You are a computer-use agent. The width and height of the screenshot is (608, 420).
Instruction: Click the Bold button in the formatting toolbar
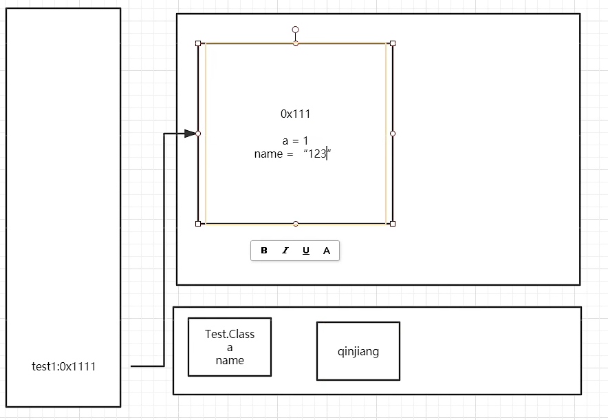tap(264, 251)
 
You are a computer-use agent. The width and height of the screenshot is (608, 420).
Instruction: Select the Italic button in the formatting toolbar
tap(285, 251)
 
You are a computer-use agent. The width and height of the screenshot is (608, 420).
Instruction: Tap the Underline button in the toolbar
tap(306, 251)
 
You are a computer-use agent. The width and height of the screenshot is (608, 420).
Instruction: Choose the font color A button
tap(327, 251)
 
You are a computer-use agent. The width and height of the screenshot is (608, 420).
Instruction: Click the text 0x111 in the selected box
tap(295, 114)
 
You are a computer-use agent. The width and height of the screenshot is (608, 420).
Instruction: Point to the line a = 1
tap(295, 140)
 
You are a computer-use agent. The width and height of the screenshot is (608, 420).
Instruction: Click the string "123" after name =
tap(317, 154)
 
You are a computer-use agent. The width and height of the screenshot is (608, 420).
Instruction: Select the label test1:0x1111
tap(64, 366)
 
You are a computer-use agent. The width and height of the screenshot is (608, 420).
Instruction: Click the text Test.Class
tap(230, 334)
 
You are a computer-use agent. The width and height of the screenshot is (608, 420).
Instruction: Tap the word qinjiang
tap(358, 351)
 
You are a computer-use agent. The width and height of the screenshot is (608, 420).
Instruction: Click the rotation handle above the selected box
tap(296, 30)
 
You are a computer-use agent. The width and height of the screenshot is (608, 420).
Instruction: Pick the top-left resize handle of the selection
tap(198, 43)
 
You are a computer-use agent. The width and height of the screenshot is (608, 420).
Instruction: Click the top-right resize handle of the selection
tap(393, 43)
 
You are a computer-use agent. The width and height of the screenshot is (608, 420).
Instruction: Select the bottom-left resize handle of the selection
tap(198, 224)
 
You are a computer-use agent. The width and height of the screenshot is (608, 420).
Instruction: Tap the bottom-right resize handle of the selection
tap(393, 224)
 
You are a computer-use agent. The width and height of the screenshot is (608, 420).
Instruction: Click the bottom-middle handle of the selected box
tap(296, 224)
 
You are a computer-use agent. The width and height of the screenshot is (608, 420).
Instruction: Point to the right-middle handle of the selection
tap(393, 134)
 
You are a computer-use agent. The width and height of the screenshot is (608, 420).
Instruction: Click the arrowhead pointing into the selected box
tap(190, 134)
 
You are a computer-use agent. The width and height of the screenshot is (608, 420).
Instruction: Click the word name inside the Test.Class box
tap(230, 360)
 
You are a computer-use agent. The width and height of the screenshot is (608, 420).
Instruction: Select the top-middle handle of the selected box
tap(296, 43)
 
